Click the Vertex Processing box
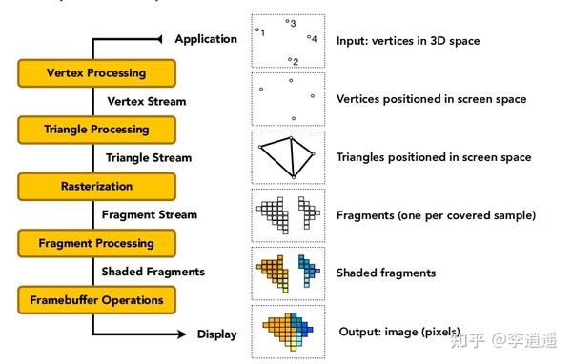(96, 72)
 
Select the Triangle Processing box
(96, 129)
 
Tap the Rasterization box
(96, 186)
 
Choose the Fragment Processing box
(96, 243)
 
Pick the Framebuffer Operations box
(96, 300)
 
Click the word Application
(206, 39)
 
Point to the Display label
(217, 334)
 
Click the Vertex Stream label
(147, 100)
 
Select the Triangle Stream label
(149, 157)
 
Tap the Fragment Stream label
(150, 214)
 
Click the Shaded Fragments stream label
(155, 272)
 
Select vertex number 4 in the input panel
(312, 38)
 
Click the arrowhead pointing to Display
(179, 334)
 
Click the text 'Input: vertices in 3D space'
(408, 41)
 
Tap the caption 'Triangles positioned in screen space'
(434, 157)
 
